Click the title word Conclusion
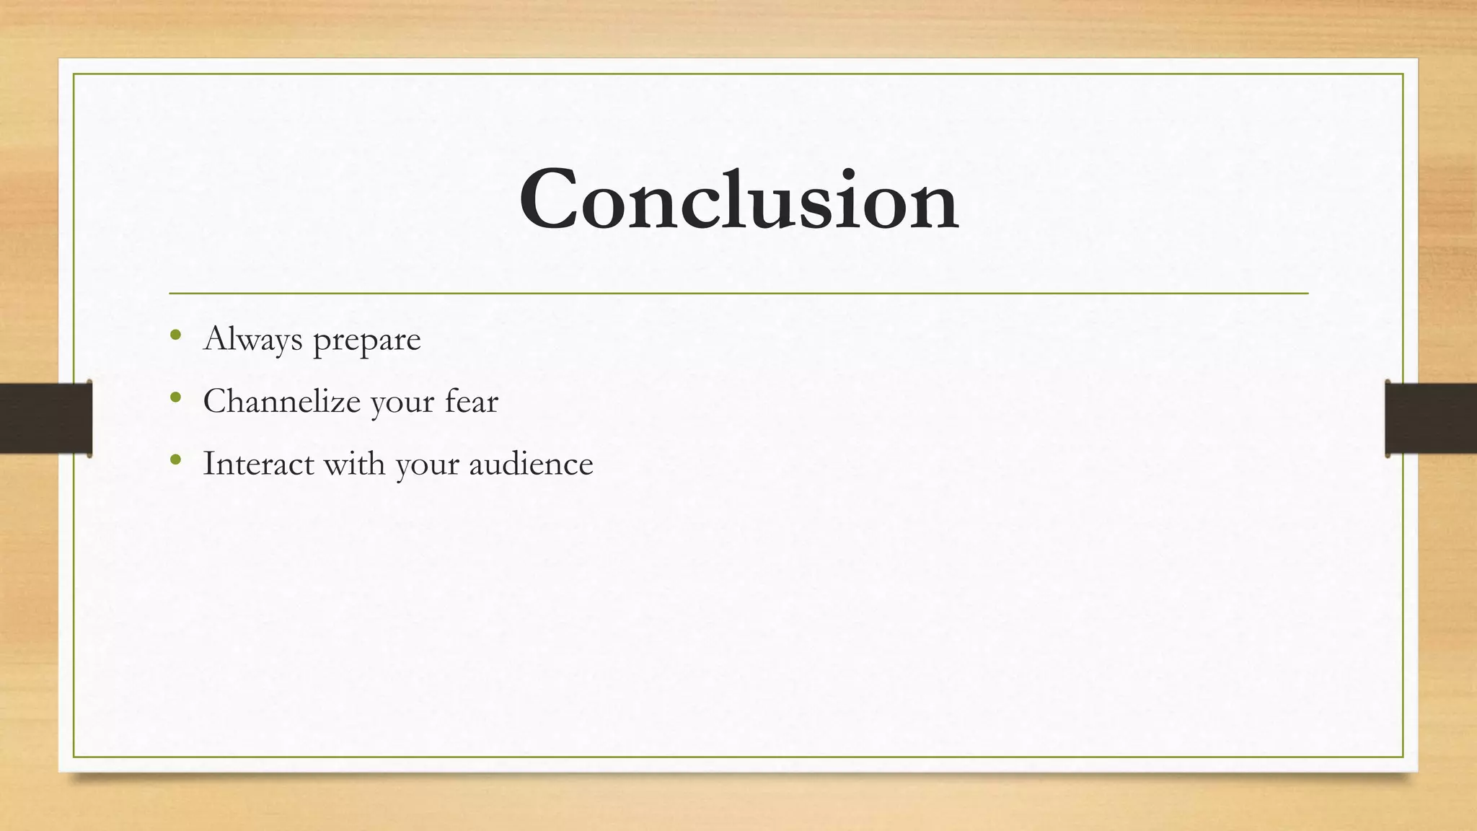(x=738, y=198)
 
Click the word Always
(x=252, y=339)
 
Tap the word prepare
(x=366, y=340)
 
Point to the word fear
(x=471, y=401)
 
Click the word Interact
(x=258, y=463)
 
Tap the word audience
(x=531, y=463)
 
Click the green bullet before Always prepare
(x=175, y=335)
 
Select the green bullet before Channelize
(x=175, y=397)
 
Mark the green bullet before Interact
(x=175, y=459)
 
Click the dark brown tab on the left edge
(x=45, y=418)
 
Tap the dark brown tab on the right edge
(x=1431, y=418)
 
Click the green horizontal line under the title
(x=738, y=294)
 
